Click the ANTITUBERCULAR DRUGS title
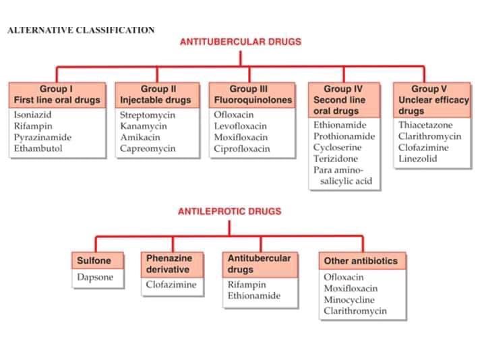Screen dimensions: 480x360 coord(240,42)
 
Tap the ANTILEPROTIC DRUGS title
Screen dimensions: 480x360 coord(229,211)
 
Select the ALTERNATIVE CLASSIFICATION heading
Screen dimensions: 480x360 coord(81,30)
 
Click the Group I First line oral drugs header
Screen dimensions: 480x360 coord(57,94)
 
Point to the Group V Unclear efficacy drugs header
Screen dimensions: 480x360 coord(433,100)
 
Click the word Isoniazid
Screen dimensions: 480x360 coord(33,115)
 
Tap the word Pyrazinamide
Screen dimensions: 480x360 coord(42,138)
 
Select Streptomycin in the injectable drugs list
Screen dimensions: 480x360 coord(147,115)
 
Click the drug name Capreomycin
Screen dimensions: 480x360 coord(147,149)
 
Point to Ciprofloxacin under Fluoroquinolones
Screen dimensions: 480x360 coord(241,149)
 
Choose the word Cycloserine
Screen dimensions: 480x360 coord(338,148)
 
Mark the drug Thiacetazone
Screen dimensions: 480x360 coord(425,125)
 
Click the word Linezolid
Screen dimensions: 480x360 coord(418,159)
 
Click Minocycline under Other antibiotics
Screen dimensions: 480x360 coord(351,300)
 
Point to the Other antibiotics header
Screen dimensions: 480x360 coord(361,261)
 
